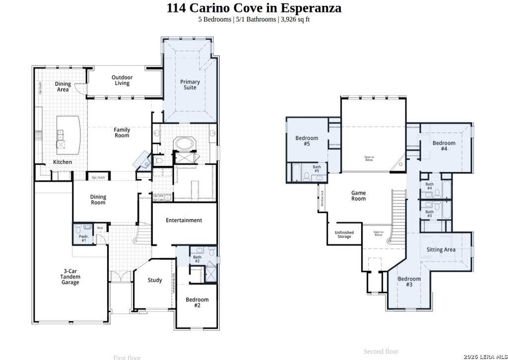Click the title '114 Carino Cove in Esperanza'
(x=254, y=8)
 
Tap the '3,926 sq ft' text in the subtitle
(x=295, y=19)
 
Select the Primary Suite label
(x=190, y=85)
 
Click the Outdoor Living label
(x=122, y=80)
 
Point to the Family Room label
(x=122, y=133)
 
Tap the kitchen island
(x=68, y=135)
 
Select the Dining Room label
(x=98, y=200)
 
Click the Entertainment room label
(x=184, y=220)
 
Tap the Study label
(x=155, y=280)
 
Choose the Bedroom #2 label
(x=197, y=302)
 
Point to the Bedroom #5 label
(x=307, y=141)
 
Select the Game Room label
(x=358, y=196)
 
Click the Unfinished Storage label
(x=344, y=234)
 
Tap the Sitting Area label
(x=441, y=250)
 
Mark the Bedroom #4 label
(x=444, y=146)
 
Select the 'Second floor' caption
(x=381, y=352)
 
